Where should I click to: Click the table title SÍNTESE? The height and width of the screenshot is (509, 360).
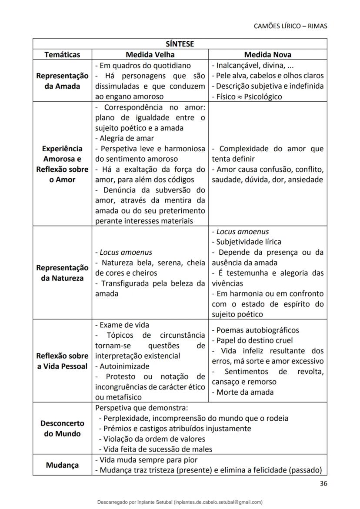(x=180, y=44)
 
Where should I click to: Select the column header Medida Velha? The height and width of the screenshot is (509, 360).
(x=150, y=55)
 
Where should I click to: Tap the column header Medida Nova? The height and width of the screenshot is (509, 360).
(x=267, y=55)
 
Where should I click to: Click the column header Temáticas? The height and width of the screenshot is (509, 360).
(x=62, y=55)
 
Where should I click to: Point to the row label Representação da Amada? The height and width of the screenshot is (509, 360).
(x=62, y=81)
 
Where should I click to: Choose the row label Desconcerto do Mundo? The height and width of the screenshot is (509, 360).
(x=62, y=428)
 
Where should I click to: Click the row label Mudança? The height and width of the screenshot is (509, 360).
(x=62, y=465)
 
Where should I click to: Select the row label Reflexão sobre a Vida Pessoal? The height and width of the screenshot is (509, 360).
(x=62, y=361)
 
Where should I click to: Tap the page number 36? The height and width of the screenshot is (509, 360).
(x=323, y=483)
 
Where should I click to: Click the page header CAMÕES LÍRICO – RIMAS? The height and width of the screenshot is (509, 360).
(x=290, y=26)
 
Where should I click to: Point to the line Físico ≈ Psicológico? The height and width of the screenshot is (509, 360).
(x=247, y=96)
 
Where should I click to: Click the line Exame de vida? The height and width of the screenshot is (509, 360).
(x=122, y=325)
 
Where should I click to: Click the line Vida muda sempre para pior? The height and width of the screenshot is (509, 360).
(x=146, y=460)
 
